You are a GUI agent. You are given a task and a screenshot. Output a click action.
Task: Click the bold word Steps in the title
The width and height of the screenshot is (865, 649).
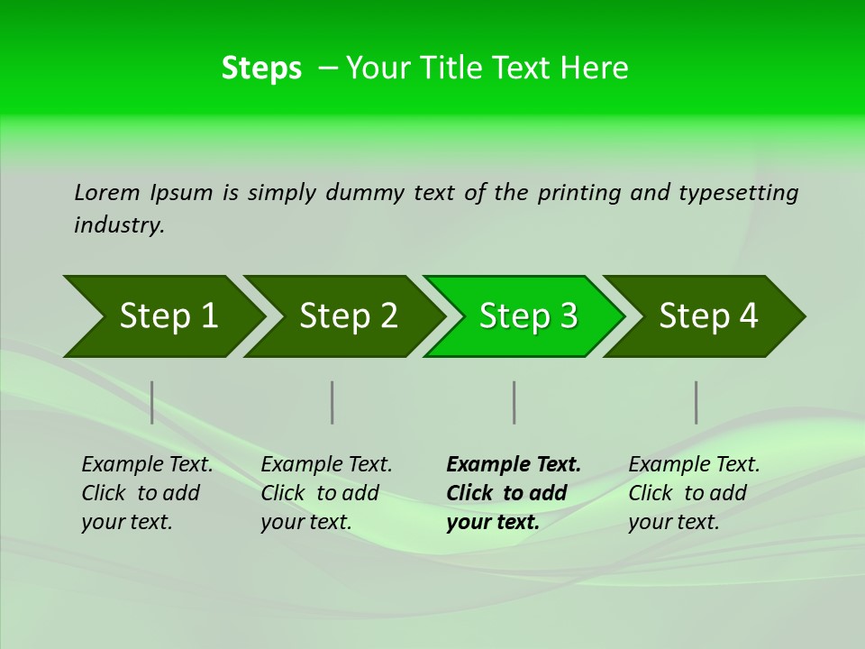click(261, 69)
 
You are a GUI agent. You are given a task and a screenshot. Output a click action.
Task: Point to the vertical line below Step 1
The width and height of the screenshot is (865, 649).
click(152, 402)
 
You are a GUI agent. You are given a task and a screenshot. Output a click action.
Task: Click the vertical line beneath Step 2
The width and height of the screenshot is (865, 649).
click(332, 402)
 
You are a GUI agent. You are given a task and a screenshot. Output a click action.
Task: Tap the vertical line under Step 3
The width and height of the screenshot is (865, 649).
click(514, 402)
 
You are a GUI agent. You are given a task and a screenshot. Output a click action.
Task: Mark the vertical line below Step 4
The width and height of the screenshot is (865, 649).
click(696, 402)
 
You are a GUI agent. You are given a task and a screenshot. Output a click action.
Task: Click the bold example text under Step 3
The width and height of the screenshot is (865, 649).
click(513, 493)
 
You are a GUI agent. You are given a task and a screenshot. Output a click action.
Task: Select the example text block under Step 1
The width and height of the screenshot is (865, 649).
click(147, 493)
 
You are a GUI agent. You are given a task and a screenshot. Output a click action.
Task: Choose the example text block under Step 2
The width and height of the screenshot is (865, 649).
click(326, 493)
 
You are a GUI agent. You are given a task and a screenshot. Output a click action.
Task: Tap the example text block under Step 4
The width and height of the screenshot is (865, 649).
click(693, 493)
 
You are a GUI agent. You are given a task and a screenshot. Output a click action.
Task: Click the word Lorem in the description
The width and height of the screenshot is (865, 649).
click(107, 192)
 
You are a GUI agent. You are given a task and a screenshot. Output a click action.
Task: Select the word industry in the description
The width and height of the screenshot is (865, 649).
click(118, 225)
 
